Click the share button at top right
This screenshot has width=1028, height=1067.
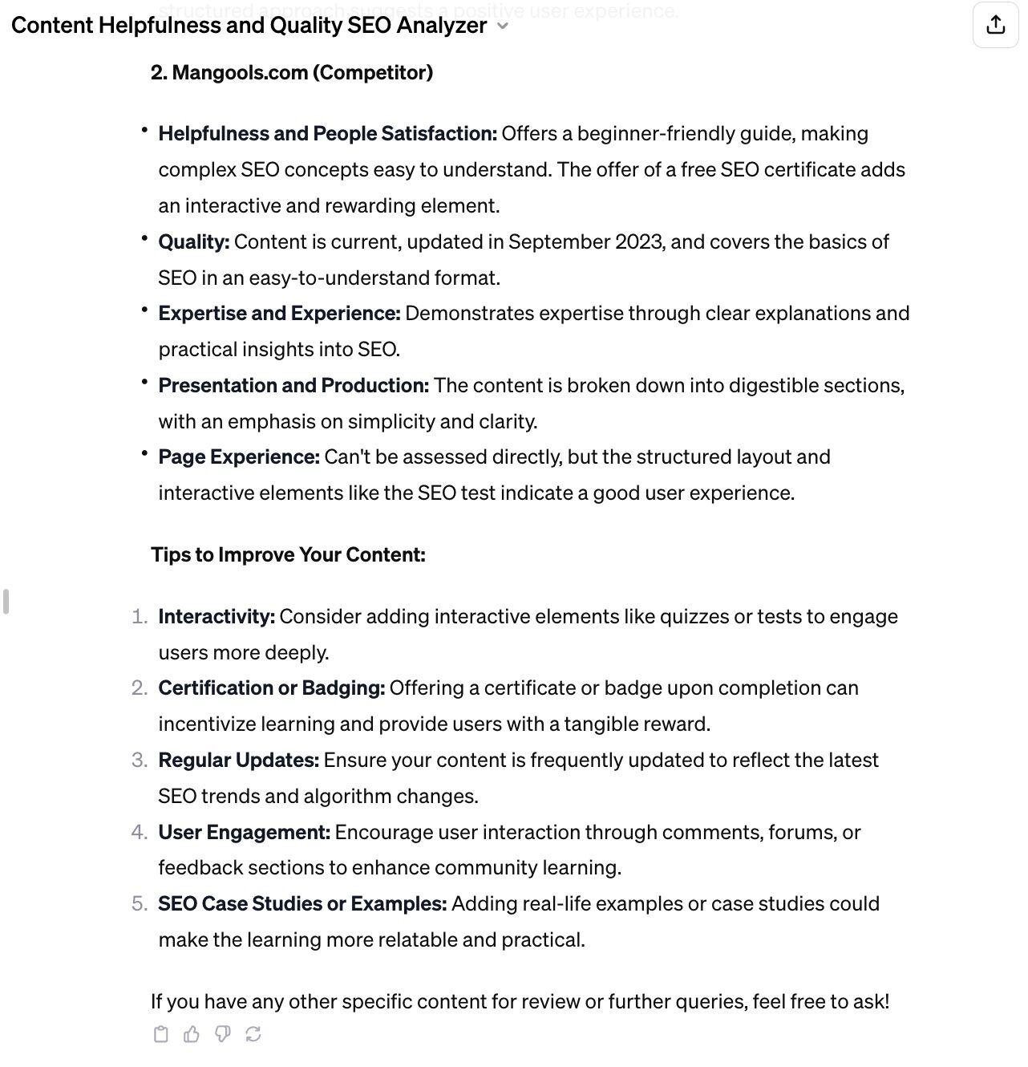coord(995,25)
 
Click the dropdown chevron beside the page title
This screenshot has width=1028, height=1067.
coord(503,26)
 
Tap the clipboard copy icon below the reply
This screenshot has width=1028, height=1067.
coord(160,1034)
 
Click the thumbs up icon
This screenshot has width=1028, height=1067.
coord(191,1034)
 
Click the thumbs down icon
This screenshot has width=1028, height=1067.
coord(222,1034)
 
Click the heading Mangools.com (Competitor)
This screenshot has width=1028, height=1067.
coord(292,72)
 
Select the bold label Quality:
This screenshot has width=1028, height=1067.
coord(193,241)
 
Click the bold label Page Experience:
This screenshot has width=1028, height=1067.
coord(239,456)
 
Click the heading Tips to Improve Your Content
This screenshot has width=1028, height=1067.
coord(288,554)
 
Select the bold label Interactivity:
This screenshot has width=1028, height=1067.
coord(217,616)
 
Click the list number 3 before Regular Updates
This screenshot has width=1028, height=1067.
coord(139,760)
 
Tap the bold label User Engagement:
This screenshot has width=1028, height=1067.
coord(244,832)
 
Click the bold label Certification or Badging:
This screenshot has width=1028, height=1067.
coord(271,688)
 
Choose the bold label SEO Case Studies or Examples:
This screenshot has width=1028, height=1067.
coord(302,903)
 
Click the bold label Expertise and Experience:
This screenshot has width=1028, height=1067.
coord(279,313)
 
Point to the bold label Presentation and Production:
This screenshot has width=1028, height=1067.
coord(293,385)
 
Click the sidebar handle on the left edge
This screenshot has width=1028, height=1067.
coord(6,601)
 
